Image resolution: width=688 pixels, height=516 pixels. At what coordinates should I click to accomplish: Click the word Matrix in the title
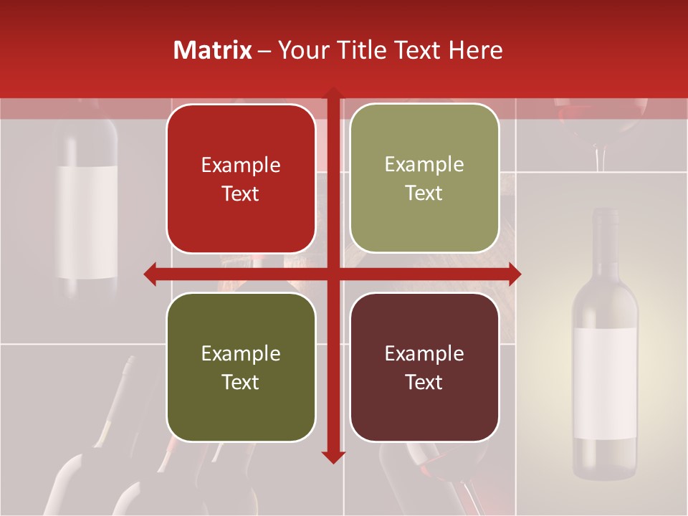point(213,50)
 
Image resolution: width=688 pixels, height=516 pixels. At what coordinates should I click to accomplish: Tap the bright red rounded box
point(241,179)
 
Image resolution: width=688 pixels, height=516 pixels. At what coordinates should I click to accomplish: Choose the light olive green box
point(424,178)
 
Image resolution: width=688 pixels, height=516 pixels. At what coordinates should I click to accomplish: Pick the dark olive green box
point(241,368)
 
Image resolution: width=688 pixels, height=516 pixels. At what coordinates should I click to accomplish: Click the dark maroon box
point(424,368)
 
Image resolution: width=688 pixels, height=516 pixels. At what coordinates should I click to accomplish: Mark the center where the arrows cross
point(333,274)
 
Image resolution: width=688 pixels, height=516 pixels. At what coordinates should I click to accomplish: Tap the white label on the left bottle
point(87,222)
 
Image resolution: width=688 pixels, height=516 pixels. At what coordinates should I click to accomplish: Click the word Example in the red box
point(241,166)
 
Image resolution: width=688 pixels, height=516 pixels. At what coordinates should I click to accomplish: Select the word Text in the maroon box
point(424,382)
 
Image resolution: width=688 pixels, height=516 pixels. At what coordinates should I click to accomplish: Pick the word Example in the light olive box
point(424,165)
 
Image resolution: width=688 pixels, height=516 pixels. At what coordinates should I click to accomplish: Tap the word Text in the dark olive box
point(241,382)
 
